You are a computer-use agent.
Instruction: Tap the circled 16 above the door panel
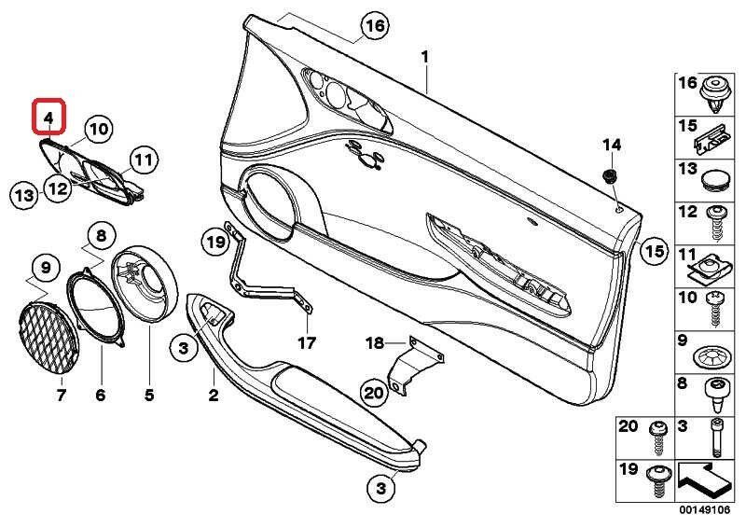[373, 26]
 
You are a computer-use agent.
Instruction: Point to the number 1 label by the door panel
[425, 57]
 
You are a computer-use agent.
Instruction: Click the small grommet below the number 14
[612, 176]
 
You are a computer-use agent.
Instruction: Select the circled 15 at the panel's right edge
[655, 250]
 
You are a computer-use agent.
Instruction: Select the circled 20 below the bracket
[373, 394]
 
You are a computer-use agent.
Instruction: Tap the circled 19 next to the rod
[215, 243]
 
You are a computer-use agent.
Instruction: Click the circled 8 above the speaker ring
[101, 235]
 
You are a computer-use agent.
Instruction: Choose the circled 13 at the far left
[23, 194]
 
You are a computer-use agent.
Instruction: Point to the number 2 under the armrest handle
[213, 397]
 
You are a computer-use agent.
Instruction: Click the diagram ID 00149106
[706, 511]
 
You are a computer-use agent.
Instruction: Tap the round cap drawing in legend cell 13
[716, 177]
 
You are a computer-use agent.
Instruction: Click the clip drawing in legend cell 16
[714, 93]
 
